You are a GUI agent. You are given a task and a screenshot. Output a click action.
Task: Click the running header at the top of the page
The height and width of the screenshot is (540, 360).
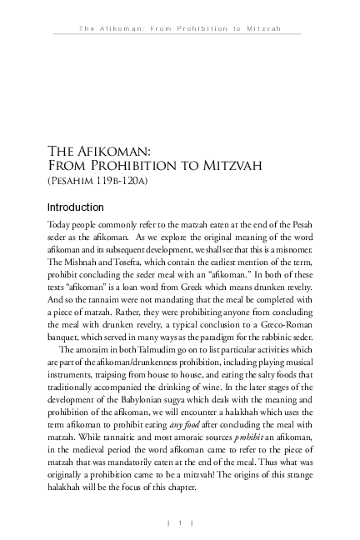(x=179, y=27)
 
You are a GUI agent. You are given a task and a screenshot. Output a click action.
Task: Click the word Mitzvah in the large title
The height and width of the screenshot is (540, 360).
(x=232, y=165)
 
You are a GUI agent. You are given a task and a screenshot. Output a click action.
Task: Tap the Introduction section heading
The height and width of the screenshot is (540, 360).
(x=75, y=207)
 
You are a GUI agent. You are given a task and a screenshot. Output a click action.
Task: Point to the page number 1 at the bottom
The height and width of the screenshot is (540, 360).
(x=180, y=522)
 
